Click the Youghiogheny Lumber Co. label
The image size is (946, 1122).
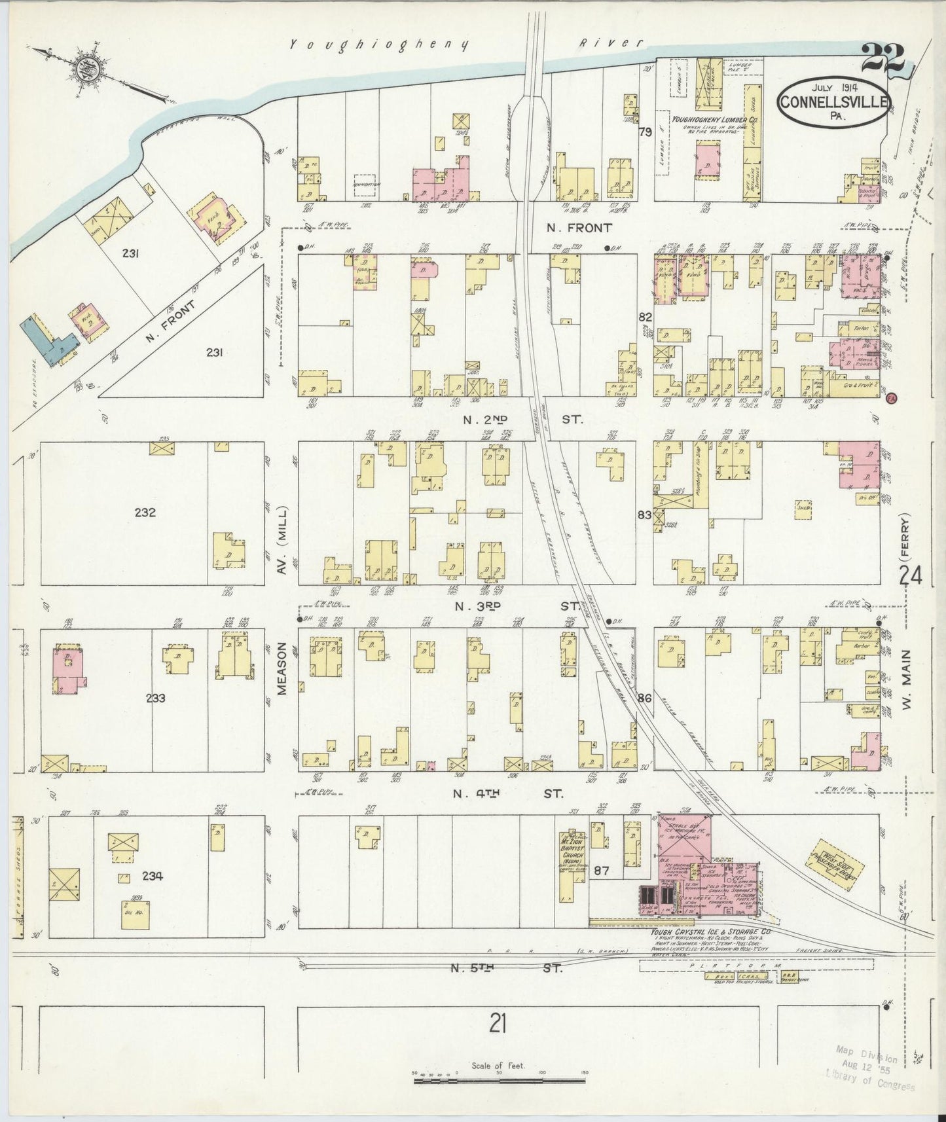[706, 120]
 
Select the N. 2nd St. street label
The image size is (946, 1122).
[522, 418]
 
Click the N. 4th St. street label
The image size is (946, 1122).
[509, 793]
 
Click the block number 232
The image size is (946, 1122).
[145, 512]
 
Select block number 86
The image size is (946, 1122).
[645, 698]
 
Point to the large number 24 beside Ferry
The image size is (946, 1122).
[911, 576]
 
